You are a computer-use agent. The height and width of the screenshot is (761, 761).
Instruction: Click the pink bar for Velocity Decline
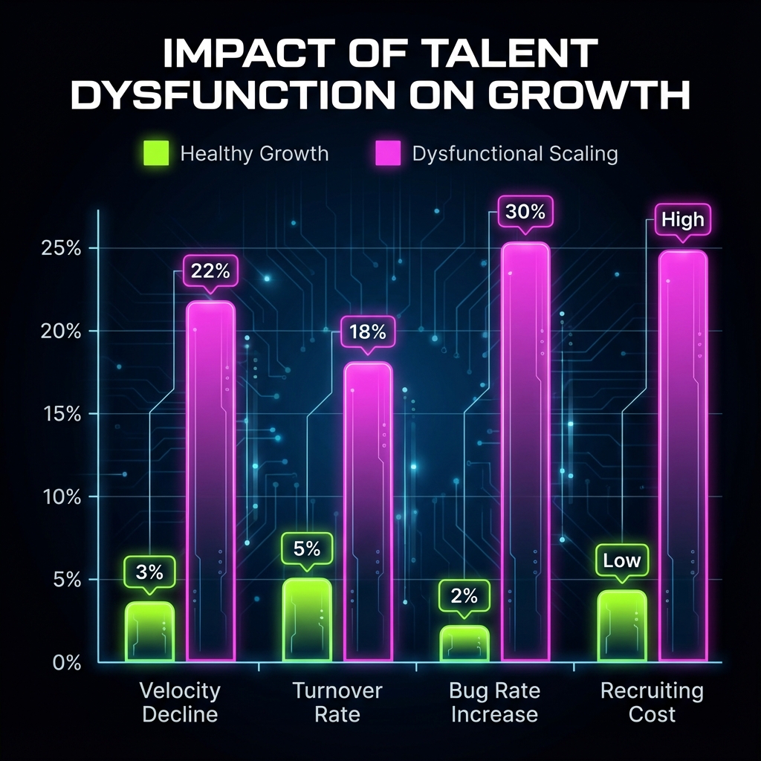pos(210,482)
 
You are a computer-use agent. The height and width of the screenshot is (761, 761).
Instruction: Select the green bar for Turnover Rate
pos(307,620)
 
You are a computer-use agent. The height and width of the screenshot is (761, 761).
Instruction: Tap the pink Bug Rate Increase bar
pos(525,452)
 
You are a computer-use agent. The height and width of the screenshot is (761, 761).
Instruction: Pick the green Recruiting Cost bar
pos(622,626)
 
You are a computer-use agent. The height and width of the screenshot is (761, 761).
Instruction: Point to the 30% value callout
pos(525,212)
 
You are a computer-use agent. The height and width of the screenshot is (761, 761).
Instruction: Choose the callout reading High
pos(682,219)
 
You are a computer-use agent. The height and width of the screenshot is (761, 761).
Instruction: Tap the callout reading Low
pos(621,561)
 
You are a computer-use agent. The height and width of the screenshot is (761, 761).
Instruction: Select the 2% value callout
pos(464,596)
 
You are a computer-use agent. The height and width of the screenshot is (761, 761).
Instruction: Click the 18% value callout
pos(367,331)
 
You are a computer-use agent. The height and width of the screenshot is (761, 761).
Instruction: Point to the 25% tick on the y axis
pos(61,248)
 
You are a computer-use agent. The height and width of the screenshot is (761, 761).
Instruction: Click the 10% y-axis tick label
pos(61,496)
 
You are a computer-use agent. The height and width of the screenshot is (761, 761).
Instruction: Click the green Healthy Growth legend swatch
pos(156,154)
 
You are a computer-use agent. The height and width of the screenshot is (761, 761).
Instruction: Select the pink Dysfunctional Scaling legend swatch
pos(386,154)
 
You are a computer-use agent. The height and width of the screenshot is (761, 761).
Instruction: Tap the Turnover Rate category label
pos(337,702)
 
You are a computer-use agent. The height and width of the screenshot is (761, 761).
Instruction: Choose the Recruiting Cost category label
pos(652,702)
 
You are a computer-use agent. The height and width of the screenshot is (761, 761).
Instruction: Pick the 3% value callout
pos(149,572)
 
